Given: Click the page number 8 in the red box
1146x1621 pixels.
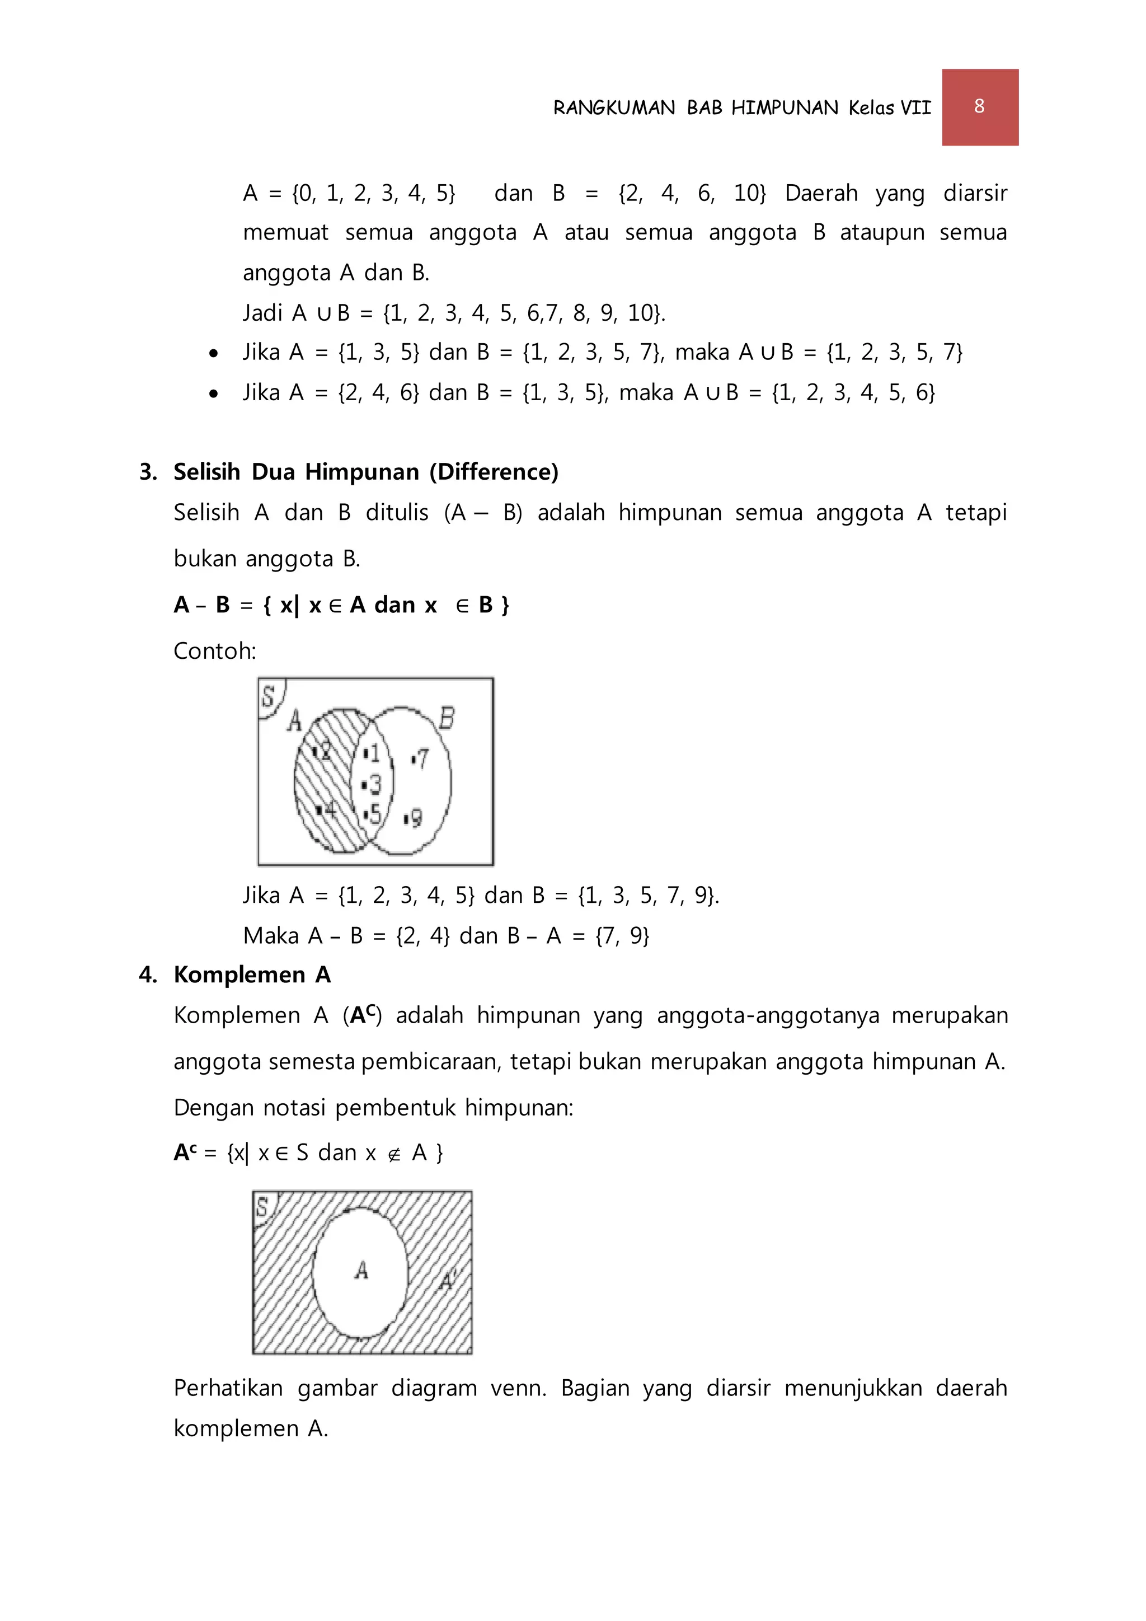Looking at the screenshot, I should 979,106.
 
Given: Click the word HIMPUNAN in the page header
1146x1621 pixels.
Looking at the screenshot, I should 784,108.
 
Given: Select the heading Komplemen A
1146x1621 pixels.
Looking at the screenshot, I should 252,975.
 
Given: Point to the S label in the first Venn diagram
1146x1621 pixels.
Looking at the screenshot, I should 268,696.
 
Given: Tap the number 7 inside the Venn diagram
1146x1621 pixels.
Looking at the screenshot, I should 421,759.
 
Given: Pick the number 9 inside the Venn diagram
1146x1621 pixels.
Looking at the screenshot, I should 415,818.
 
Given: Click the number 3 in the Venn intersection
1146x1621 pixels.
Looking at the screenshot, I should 374,784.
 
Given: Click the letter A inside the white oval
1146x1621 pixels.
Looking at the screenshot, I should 361,1270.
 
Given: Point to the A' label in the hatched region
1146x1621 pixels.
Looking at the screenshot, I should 448,1280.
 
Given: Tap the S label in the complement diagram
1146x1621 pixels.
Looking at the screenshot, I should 262,1207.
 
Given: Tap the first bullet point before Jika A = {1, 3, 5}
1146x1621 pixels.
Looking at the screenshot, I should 214,354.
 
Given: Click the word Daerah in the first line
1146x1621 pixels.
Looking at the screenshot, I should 821,193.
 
